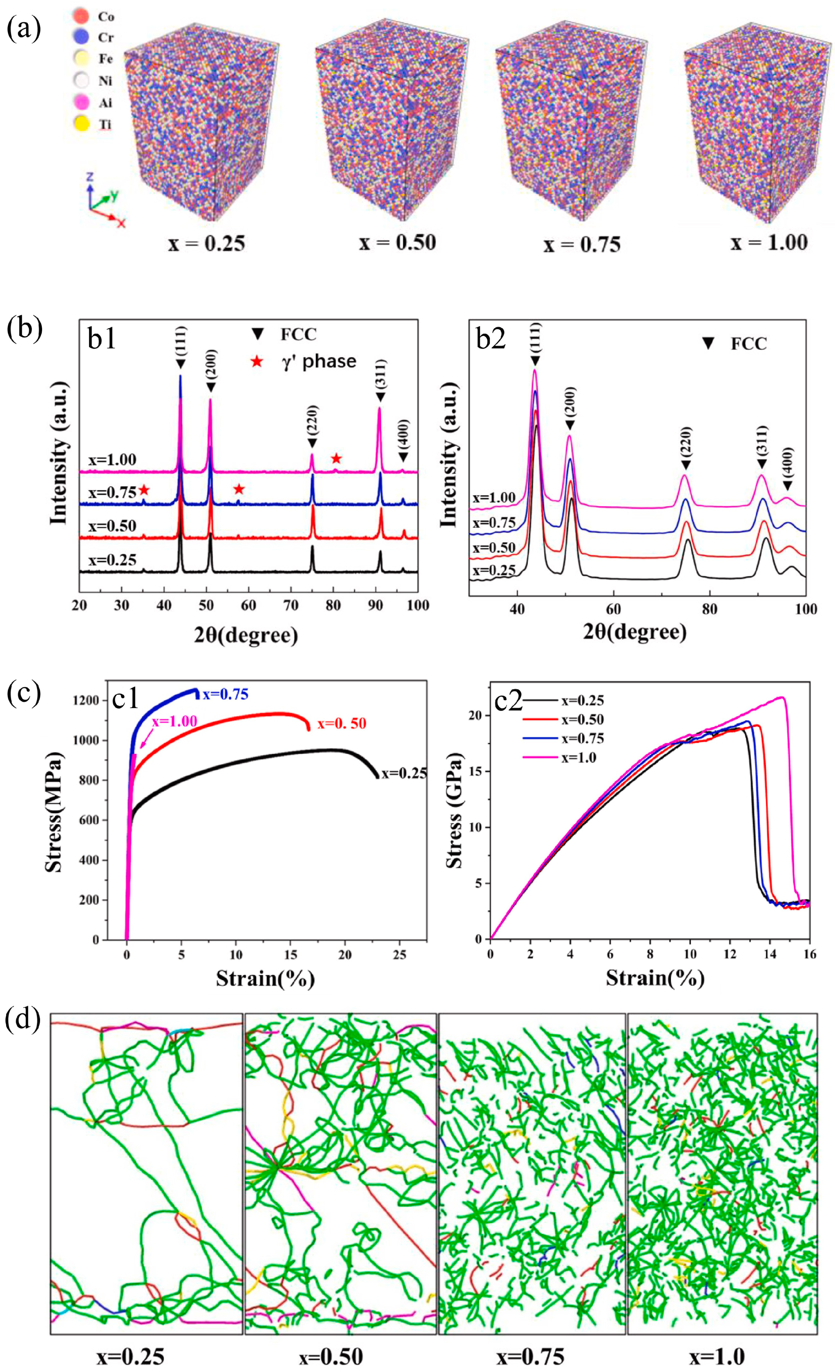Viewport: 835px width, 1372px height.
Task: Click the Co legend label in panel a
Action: tap(106, 17)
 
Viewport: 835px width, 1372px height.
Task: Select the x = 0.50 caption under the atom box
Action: tap(397, 242)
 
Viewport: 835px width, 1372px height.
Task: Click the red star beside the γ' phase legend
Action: tap(257, 362)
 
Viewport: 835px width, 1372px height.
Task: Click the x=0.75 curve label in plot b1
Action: tap(112, 492)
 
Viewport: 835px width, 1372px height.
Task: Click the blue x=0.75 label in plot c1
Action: tap(225, 694)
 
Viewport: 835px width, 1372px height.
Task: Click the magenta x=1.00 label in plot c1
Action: tap(174, 720)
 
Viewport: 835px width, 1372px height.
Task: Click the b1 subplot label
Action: tap(102, 339)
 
